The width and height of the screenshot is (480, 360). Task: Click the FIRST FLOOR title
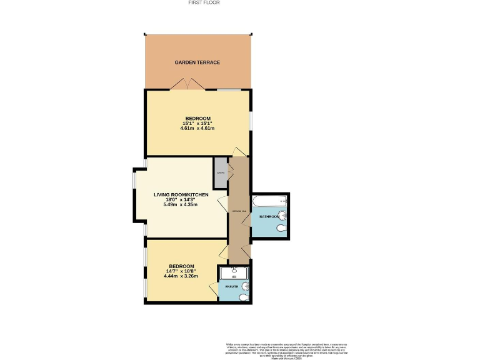pyautogui.click(x=204, y=2)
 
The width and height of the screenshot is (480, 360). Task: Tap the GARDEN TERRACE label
pyautogui.click(x=197, y=62)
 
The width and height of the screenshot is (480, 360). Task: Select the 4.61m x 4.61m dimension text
pyautogui.click(x=197, y=129)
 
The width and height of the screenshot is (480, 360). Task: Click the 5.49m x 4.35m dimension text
pyautogui.click(x=180, y=204)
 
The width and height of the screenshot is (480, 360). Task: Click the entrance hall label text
pyautogui.click(x=239, y=212)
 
